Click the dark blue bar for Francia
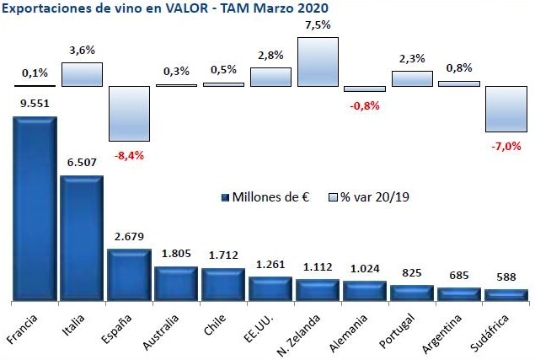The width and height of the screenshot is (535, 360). (x=35, y=208)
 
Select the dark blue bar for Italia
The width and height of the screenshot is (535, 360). (x=81, y=238)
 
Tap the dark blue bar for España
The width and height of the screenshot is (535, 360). (x=129, y=275)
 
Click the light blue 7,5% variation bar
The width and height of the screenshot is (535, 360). (x=318, y=62)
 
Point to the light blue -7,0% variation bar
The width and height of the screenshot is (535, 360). (x=506, y=109)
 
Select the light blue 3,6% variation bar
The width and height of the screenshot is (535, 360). (x=82, y=74)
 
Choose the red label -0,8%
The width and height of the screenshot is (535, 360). (x=365, y=105)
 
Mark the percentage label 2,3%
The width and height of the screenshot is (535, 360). (x=412, y=58)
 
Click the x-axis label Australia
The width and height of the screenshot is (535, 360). (x=169, y=330)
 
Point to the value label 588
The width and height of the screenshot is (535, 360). (x=506, y=277)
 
